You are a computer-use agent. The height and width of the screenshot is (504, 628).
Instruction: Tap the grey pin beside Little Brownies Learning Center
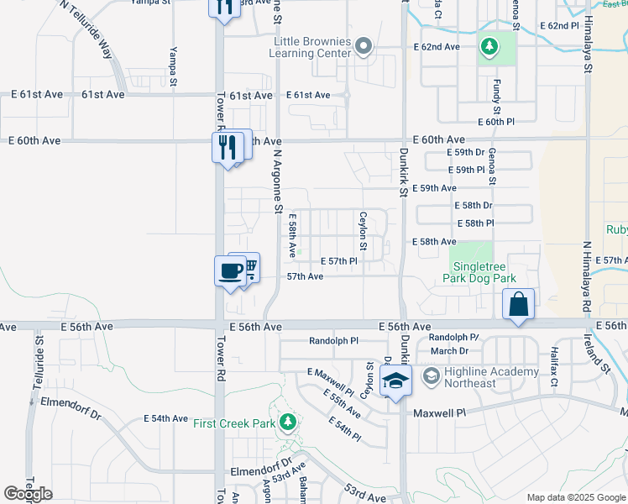tap(363, 46)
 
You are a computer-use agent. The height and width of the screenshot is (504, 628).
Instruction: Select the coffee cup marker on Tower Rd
tap(230, 271)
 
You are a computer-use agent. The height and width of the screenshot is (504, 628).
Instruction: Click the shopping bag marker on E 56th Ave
tap(519, 304)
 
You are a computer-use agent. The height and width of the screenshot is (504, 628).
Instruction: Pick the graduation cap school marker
tap(395, 382)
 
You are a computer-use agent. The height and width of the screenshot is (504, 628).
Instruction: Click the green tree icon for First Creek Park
tap(289, 421)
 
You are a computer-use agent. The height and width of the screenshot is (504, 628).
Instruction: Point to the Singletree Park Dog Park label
tap(479, 271)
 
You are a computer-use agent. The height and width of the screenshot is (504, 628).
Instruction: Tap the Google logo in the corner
tap(28, 494)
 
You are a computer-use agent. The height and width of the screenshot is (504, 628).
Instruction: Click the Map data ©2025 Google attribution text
tap(576, 497)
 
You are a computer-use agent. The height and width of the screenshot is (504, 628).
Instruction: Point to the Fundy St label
tap(497, 98)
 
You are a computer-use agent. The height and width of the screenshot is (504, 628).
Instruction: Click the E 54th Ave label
tap(165, 417)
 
